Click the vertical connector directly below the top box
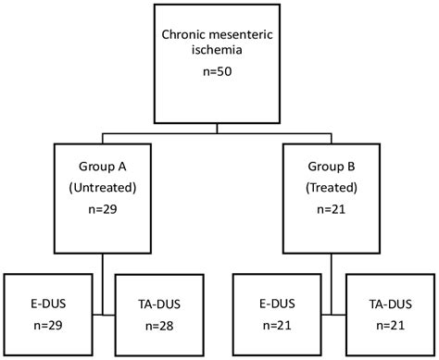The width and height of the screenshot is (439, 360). (219, 125)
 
